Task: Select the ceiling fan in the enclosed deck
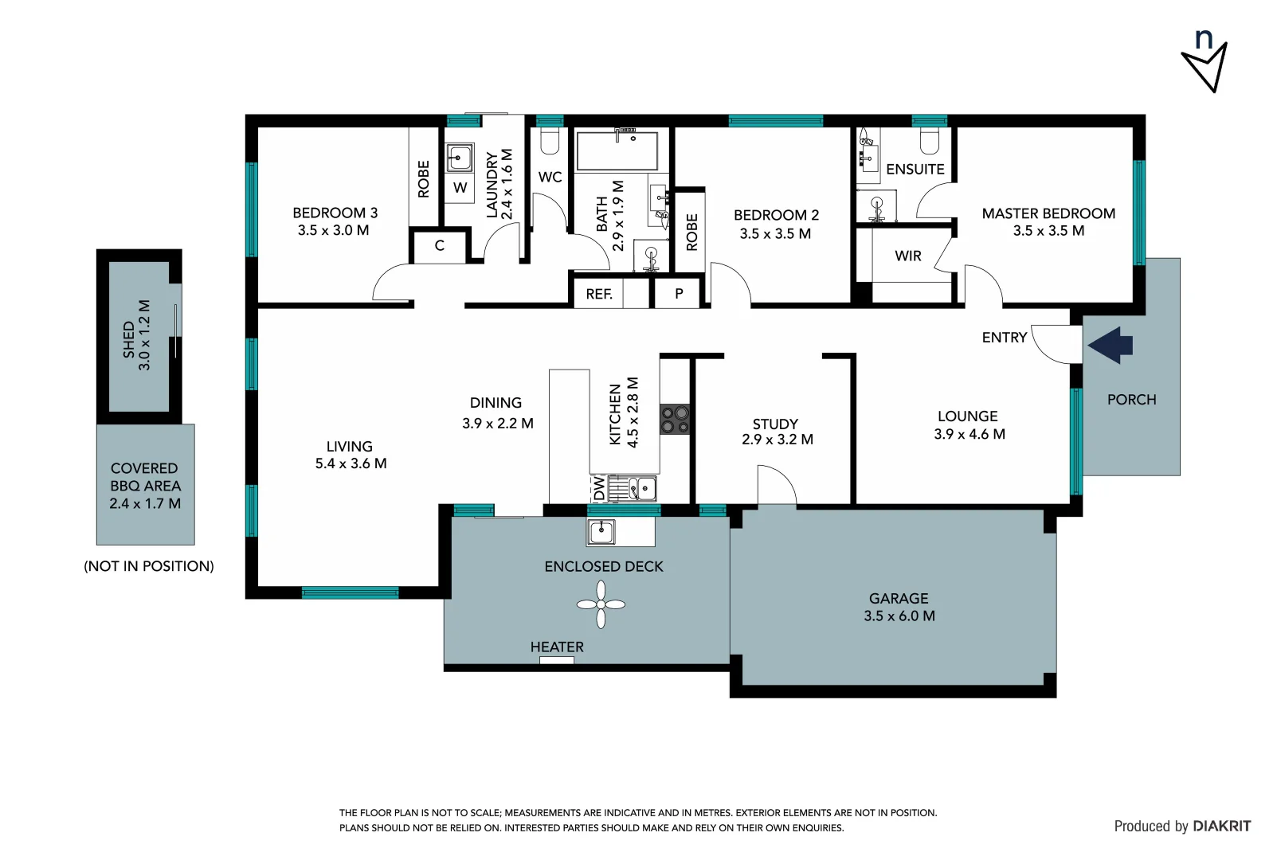[601, 604]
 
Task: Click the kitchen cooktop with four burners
[675, 419]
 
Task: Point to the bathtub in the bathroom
[617, 151]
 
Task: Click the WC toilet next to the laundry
[550, 141]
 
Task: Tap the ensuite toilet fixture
[929, 141]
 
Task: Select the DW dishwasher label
[599, 487]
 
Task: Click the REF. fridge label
[599, 294]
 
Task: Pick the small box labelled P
[679, 293]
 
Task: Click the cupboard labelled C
[439, 245]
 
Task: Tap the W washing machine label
[460, 188]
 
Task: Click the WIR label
[907, 256]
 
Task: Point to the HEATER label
[557, 647]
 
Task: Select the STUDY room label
[774, 424]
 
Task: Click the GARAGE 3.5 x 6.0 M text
[899, 607]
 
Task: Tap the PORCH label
[1131, 399]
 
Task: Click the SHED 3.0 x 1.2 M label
[136, 336]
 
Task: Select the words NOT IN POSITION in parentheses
[149, 566]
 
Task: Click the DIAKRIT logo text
[1221, 826]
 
